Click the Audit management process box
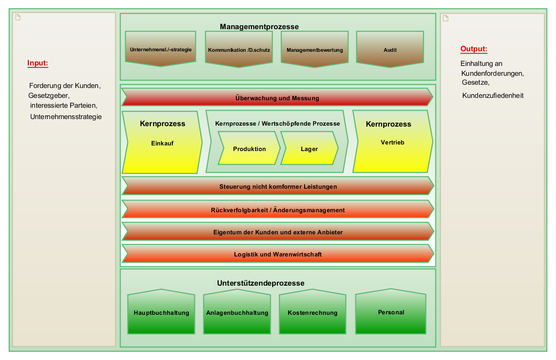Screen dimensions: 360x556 coord(390,49)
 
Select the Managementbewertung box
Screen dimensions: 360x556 coord(314,49)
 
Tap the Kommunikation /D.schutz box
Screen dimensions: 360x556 coord(239,49)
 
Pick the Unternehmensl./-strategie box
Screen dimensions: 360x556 coord(161,49)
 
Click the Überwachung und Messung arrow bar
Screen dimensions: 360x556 coord(277,98)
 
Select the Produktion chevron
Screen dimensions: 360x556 coord(249,149)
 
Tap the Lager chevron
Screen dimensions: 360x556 coord(309,149)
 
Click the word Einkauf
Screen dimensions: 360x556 coord(162,143)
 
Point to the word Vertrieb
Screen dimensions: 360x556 coord(392,142)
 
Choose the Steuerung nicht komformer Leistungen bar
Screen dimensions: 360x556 coord(278,186)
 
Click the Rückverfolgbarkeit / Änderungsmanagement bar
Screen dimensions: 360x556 coord(278,210)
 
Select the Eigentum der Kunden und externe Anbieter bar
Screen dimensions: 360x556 coord(278,232)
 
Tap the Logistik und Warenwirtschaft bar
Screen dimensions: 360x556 coord(278,254)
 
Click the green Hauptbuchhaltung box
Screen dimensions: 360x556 coord(161,312)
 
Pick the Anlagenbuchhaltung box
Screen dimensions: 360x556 coord(237,312)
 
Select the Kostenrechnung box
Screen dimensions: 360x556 coord(313,312)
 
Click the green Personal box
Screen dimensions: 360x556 coord(391,312)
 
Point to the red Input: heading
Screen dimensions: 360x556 coord(38,63)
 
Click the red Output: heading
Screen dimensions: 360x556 coord(474,49)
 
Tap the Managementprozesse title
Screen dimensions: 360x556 coord(259,27)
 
